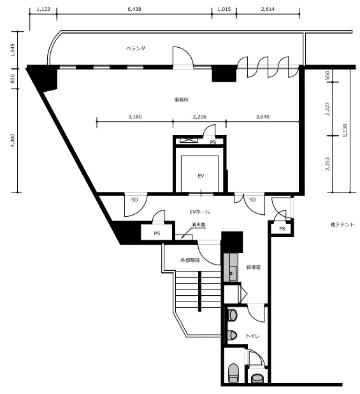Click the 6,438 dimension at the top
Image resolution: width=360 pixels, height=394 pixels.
134,9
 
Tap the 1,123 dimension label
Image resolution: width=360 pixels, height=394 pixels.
43,9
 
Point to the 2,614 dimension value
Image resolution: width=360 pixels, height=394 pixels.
268,9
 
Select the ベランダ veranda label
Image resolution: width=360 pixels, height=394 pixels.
136,48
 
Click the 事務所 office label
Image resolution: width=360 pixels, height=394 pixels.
182,99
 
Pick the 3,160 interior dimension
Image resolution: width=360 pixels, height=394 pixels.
135,117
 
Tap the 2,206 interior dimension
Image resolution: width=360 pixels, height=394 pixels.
199,117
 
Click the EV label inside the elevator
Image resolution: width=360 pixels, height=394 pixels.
201,176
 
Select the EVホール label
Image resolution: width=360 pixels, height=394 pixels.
199,212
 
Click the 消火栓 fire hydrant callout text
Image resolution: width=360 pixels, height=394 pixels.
198,224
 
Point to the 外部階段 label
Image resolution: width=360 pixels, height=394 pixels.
190,260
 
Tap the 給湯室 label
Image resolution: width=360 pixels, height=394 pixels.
254,267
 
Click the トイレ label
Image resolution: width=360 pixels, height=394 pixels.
252,336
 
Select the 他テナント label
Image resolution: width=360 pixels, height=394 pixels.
342,224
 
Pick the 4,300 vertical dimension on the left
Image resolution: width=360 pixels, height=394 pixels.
13,141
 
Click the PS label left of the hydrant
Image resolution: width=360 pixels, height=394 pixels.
157,233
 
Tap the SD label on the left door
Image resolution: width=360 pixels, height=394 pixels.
134,200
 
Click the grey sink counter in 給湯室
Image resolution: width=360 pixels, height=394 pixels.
231,267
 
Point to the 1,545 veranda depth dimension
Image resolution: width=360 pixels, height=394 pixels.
13,50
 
